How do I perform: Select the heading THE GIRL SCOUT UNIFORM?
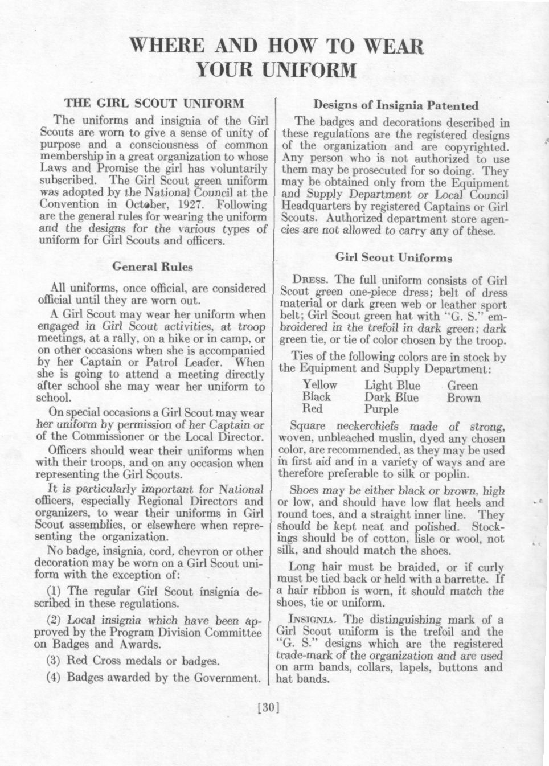(x=154, y=104)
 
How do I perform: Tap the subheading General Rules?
(x=153, y=266)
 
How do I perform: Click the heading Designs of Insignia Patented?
(x=396, y=105)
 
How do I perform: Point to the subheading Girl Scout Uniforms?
(x=394, y=257)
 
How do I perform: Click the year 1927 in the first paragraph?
(x=189, y=205)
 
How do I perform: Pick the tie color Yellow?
(x=319, y=385)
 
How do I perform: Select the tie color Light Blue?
(x=392, y=385)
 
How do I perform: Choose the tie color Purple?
(x=382, y=409)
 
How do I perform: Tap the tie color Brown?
(x=464, y=398)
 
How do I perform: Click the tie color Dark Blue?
(x=391, y=398)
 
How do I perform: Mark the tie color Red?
(x=312, y=409)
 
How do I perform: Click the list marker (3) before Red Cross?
(x=54, y=661)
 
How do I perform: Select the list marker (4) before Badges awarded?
(x=54, y=678)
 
